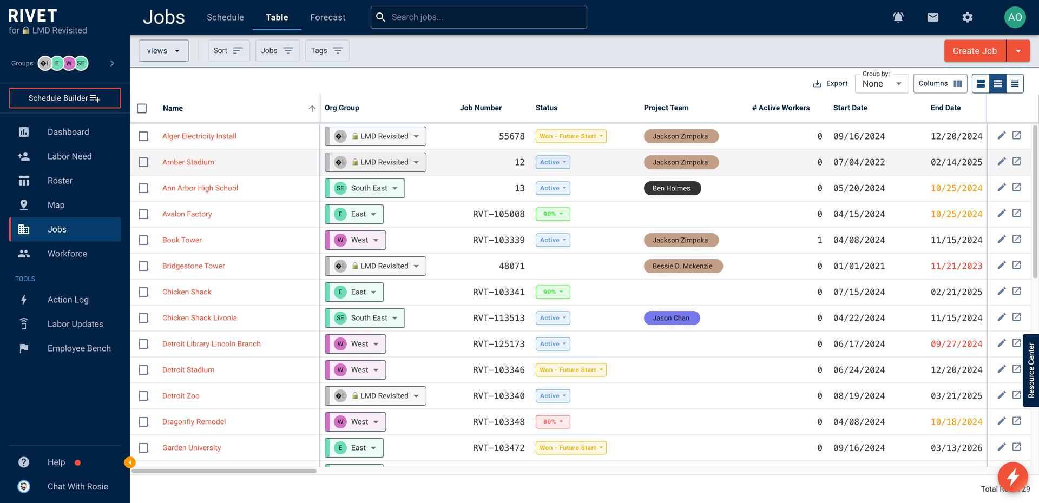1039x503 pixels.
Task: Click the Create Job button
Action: [975, 51]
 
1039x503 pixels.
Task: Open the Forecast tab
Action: [327, 17]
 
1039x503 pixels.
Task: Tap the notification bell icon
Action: [898, 17]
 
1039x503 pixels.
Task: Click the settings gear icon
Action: [967, 17]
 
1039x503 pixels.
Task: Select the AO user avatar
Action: [1015, 17]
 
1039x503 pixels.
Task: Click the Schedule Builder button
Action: [64, 98]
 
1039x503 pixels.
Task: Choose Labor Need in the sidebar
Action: [69, 156]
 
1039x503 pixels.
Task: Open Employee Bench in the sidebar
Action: [79, 348]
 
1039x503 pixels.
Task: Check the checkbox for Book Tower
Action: [143, 240]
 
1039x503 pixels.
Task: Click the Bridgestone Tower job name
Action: [193, 266]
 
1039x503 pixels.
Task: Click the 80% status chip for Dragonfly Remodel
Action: [553, 422]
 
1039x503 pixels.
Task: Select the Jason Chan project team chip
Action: [672, 318]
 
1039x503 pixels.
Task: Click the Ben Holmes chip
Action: [672, 188]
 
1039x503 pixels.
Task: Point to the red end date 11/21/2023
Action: [956, 266]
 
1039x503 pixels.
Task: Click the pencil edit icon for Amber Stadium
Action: [1001, 162]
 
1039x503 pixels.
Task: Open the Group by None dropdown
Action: [882, 84]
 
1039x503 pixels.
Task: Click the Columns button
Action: [940, 84]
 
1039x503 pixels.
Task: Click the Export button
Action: [830, 84]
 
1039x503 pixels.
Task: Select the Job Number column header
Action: [481, 108]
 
